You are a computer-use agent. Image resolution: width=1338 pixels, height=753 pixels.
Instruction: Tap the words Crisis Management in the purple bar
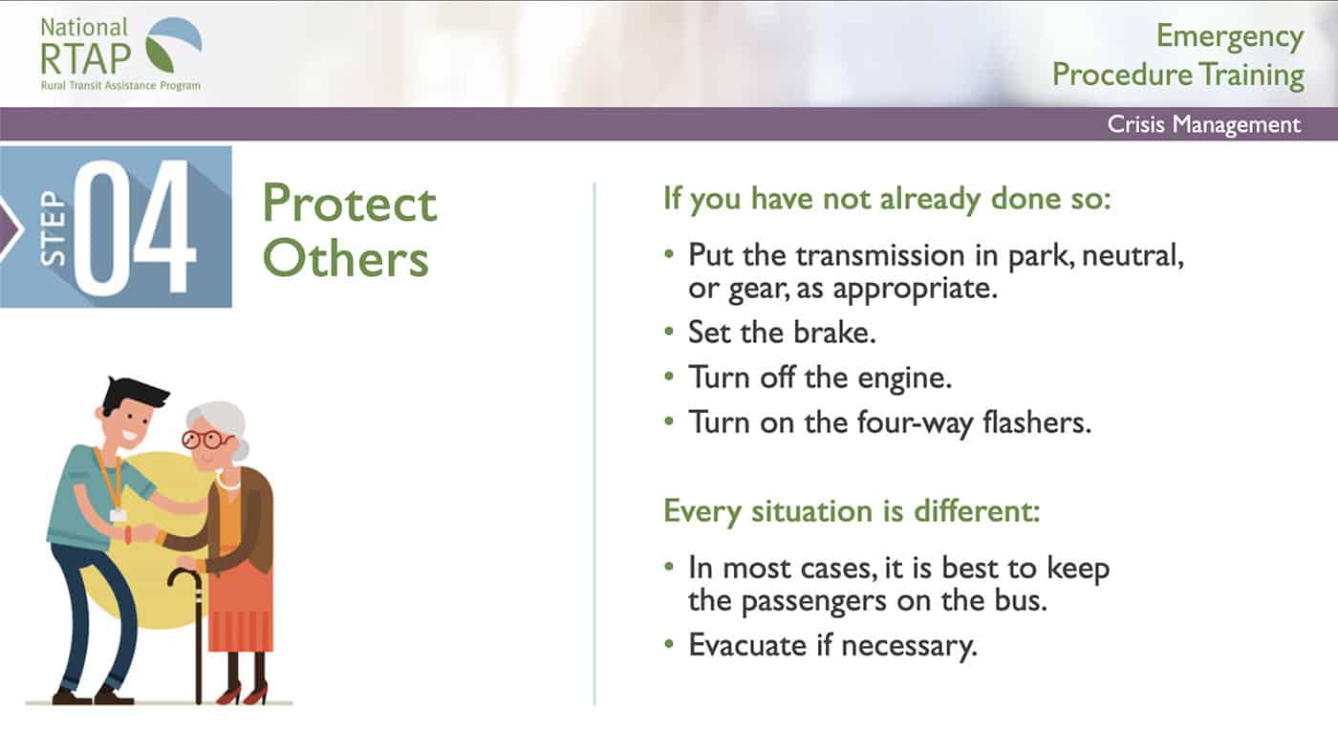click(x=1203, y=124)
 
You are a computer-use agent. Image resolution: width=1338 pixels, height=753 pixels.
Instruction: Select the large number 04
click(x=135, y=227)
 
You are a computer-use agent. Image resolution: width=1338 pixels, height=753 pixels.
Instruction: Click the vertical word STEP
click(x=53, y=227)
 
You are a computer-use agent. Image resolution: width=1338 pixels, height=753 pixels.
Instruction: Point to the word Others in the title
click(x=346, y=258)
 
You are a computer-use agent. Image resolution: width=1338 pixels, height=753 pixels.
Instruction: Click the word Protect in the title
click(x=350, y=203)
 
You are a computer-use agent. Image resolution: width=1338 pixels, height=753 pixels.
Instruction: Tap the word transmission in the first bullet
click(x=880, y=255)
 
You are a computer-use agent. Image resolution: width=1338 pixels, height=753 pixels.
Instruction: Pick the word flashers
click(x=1037, y=422)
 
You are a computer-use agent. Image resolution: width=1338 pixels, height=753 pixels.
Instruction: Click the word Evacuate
click(x=747, y=645)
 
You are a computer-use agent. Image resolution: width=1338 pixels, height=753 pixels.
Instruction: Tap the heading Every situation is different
click(x=852, y=512)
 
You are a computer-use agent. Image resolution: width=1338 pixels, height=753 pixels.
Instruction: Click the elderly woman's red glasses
click(x=206, y=440)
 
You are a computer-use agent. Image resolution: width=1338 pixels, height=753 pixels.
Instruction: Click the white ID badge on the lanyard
click(x=118, y=515)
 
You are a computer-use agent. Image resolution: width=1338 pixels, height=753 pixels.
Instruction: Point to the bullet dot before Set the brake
click(x=669, y=331)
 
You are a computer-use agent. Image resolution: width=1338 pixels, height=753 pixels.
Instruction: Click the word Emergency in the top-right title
click(x=1230, y=37)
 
